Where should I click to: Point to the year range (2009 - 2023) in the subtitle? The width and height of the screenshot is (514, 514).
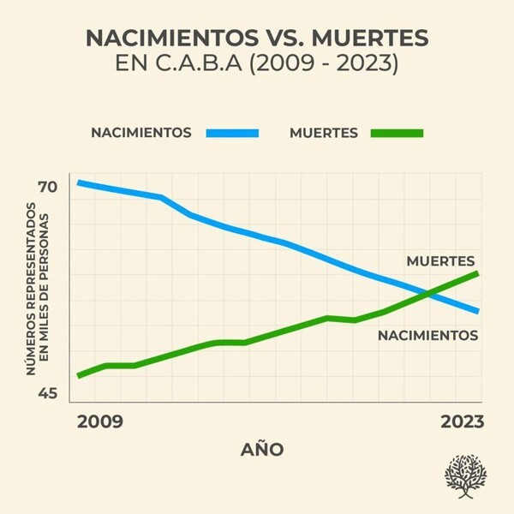point(325,66)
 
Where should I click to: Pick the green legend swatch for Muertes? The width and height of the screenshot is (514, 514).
point(397,133)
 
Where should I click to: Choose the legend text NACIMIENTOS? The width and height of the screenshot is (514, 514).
point(140,133)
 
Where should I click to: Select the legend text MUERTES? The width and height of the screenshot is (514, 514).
point(324,133)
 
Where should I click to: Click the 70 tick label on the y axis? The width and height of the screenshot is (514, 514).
point(47,187)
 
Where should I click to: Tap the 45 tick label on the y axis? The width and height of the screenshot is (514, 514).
point(47,394)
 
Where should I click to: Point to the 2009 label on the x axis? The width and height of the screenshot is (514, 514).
point(99,421)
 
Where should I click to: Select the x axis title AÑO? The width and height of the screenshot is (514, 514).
point(262,450)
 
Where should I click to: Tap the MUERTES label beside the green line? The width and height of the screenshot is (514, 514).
point(440,260)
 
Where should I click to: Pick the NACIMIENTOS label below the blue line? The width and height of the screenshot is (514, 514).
point(427,336)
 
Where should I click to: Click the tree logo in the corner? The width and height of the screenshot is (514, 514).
point(465,476)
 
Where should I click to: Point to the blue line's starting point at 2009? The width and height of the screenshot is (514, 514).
point(79,182)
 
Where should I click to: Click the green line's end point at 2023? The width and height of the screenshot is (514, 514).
point(477,272)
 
